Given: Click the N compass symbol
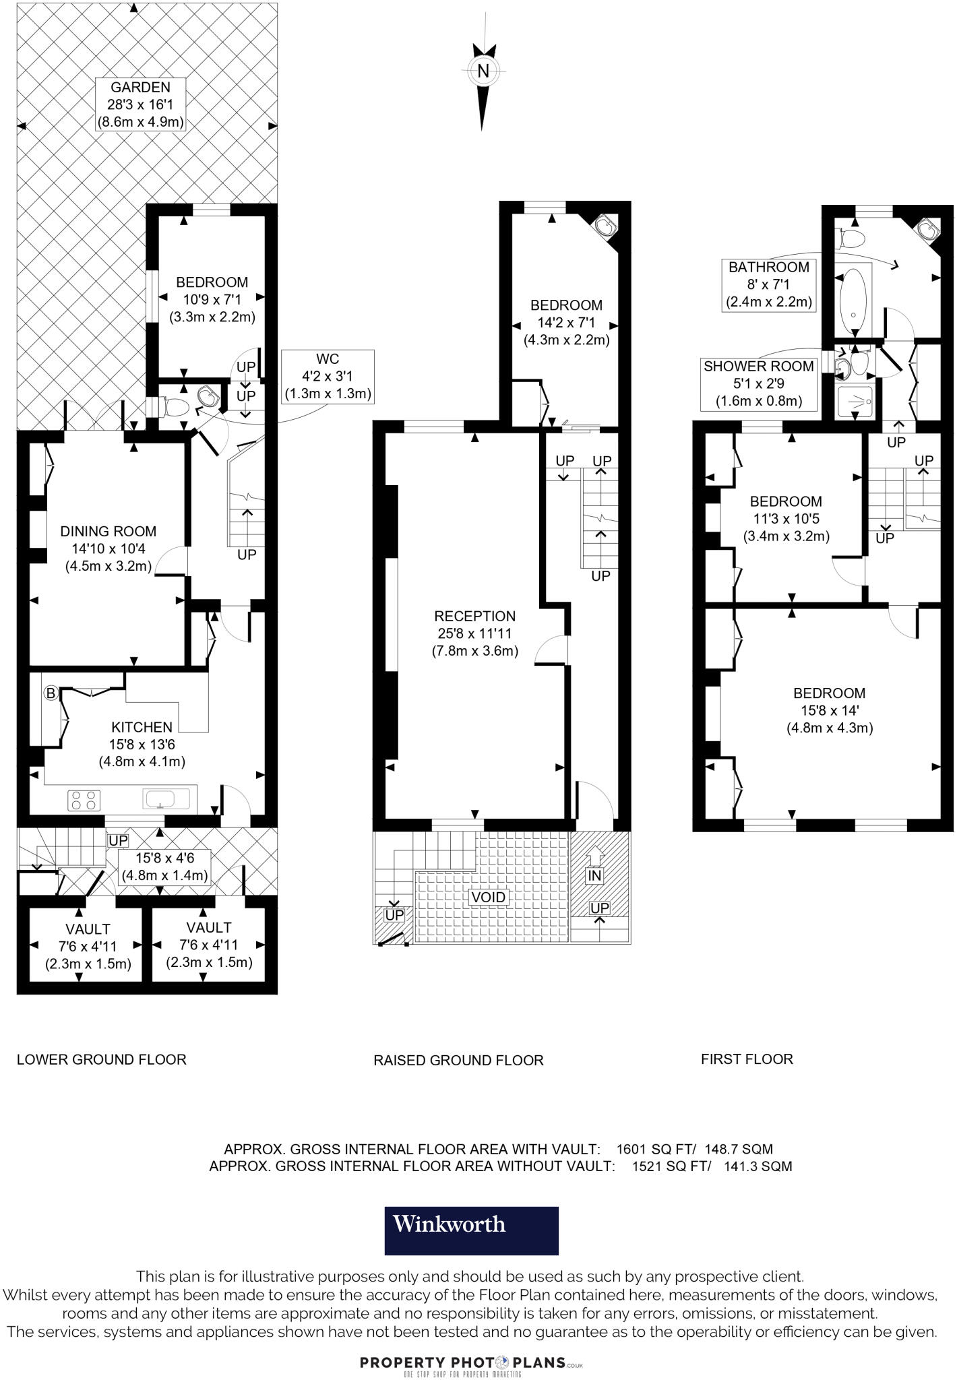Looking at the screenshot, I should pyautogui.click(x=483, y=71).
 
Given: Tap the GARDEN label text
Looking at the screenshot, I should pyautogui.click(x=140, y=88).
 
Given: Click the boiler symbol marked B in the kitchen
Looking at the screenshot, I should pyautogui.click(x=51, y=693).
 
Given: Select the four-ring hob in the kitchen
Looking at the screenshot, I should pyautogui.click(x=84, y=800).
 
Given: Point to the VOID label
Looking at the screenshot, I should pyautogui.click(x=488, y=898).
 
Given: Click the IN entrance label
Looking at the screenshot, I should pyautogui.click(x=594, y=875).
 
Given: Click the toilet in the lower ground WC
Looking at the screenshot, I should pyautogui.click(x=177, y=406).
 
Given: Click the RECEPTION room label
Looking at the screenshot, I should pyautogui.click(x=474, y=616).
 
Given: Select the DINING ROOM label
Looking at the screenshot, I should pyautogui.click(x=108, y=531).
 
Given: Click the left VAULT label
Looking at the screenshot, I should pyautogui.click(x=88, y=929).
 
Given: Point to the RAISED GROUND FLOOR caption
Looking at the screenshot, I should pyautogui.click(x=458, y=1061).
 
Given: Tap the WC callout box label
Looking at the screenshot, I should pyautogui.click(x=328, y=359).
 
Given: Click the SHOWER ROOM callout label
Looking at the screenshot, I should pyautogui.click(x=758, y=367).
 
